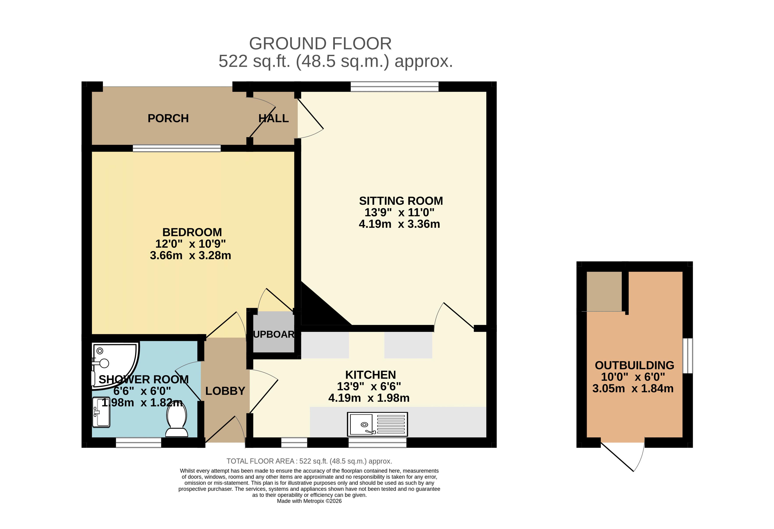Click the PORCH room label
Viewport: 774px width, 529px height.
[168, 118]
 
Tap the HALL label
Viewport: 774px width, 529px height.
[273, 118]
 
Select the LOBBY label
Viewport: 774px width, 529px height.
[225, 391]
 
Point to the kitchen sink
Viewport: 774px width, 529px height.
[377, 424]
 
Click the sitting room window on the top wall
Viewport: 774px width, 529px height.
[395, 86]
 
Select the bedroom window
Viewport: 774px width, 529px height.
[176, 148]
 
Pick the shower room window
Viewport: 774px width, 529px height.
[138, 442]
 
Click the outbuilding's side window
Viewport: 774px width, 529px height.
[688, 356]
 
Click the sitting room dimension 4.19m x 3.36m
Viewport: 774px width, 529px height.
[399, 224]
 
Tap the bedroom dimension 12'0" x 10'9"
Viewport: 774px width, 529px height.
[190, 244]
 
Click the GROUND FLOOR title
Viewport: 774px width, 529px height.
[320, 44]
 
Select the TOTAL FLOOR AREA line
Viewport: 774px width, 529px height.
[309, 461]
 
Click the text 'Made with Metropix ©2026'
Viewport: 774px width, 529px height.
[309, 501]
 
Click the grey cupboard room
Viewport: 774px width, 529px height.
[274, 332]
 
